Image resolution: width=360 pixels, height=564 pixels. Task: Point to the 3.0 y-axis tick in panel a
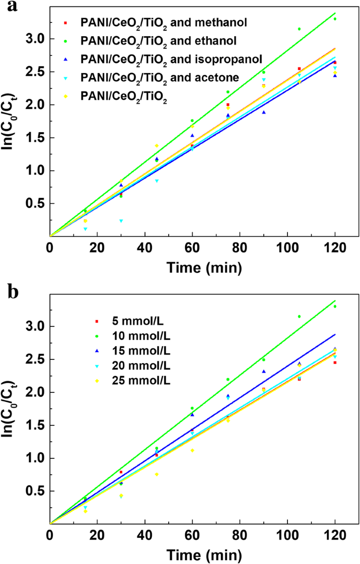33,39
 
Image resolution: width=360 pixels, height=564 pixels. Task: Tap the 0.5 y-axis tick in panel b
33,491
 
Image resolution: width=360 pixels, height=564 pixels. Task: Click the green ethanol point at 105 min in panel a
299,29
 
